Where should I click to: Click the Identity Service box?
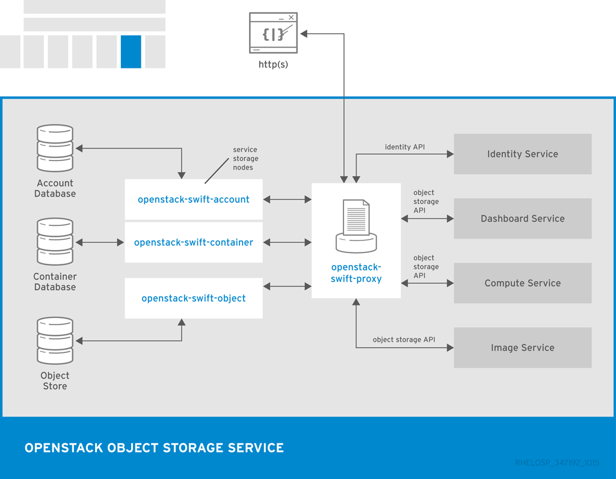522,154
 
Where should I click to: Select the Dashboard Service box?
522,219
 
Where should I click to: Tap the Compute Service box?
522,283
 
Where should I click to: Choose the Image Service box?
522,347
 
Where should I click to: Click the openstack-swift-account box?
193,200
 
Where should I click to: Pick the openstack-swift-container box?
193,242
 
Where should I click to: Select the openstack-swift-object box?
193,298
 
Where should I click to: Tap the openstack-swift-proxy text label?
356,273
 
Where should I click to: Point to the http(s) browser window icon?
274,32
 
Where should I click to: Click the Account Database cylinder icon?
55,148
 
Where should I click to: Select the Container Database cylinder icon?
55,242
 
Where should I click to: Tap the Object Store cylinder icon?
55,341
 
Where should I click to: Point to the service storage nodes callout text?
245,159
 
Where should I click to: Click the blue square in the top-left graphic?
131,52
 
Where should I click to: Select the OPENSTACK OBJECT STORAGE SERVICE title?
154,448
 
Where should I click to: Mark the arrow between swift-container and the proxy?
287,242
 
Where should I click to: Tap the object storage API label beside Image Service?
404,340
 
